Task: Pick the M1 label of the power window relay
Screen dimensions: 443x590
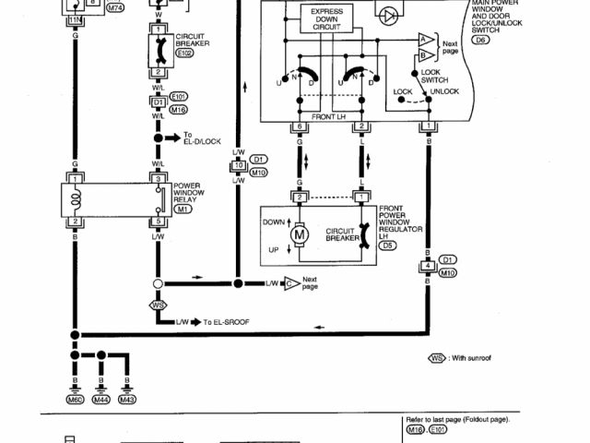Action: (183, 209)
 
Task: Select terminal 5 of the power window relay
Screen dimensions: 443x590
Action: (158, 221)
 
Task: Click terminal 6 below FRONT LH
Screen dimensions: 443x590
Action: (300, 126)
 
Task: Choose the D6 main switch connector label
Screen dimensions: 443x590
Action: (479, 41)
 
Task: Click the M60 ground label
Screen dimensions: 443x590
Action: (73, 399)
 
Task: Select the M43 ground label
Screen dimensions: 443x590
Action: (126, 399)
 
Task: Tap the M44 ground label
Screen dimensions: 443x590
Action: (100, 399)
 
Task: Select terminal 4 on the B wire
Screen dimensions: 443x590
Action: (427, 267)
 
